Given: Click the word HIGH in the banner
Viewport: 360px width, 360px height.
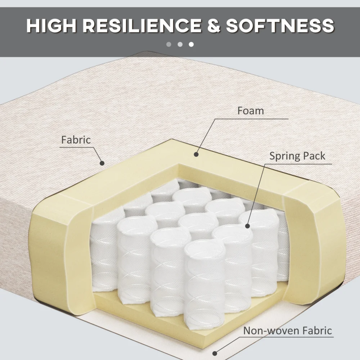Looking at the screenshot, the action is click(51, 25).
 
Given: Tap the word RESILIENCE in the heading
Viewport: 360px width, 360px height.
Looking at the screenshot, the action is click(142, 25).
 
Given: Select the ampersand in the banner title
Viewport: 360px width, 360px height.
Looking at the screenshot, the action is click(214, 25).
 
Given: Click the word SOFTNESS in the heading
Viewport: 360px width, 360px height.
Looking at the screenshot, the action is click(280, 25).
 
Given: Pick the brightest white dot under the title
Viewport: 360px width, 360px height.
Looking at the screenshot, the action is click(191, 44).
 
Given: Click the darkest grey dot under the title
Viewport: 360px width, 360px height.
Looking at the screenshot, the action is click(169, 44).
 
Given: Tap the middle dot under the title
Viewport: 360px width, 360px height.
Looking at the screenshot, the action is click(180, 44).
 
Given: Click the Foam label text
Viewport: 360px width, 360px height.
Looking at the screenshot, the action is click(251, 111).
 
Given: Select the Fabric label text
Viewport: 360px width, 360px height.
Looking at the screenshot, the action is click(76, 140).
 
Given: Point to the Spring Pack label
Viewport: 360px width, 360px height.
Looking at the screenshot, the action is click(297, 156).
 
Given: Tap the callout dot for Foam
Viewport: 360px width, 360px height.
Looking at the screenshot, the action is click(196, 154).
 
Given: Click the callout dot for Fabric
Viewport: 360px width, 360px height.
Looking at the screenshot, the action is click(102, 163).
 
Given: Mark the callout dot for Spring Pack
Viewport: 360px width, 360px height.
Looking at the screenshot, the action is click(247, 226).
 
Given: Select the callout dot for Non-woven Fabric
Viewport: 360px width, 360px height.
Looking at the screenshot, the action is click(215, 353).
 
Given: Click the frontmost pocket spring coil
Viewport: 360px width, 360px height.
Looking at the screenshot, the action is click(204, 285).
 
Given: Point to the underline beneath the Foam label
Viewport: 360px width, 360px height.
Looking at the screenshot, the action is click(252, 119).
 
